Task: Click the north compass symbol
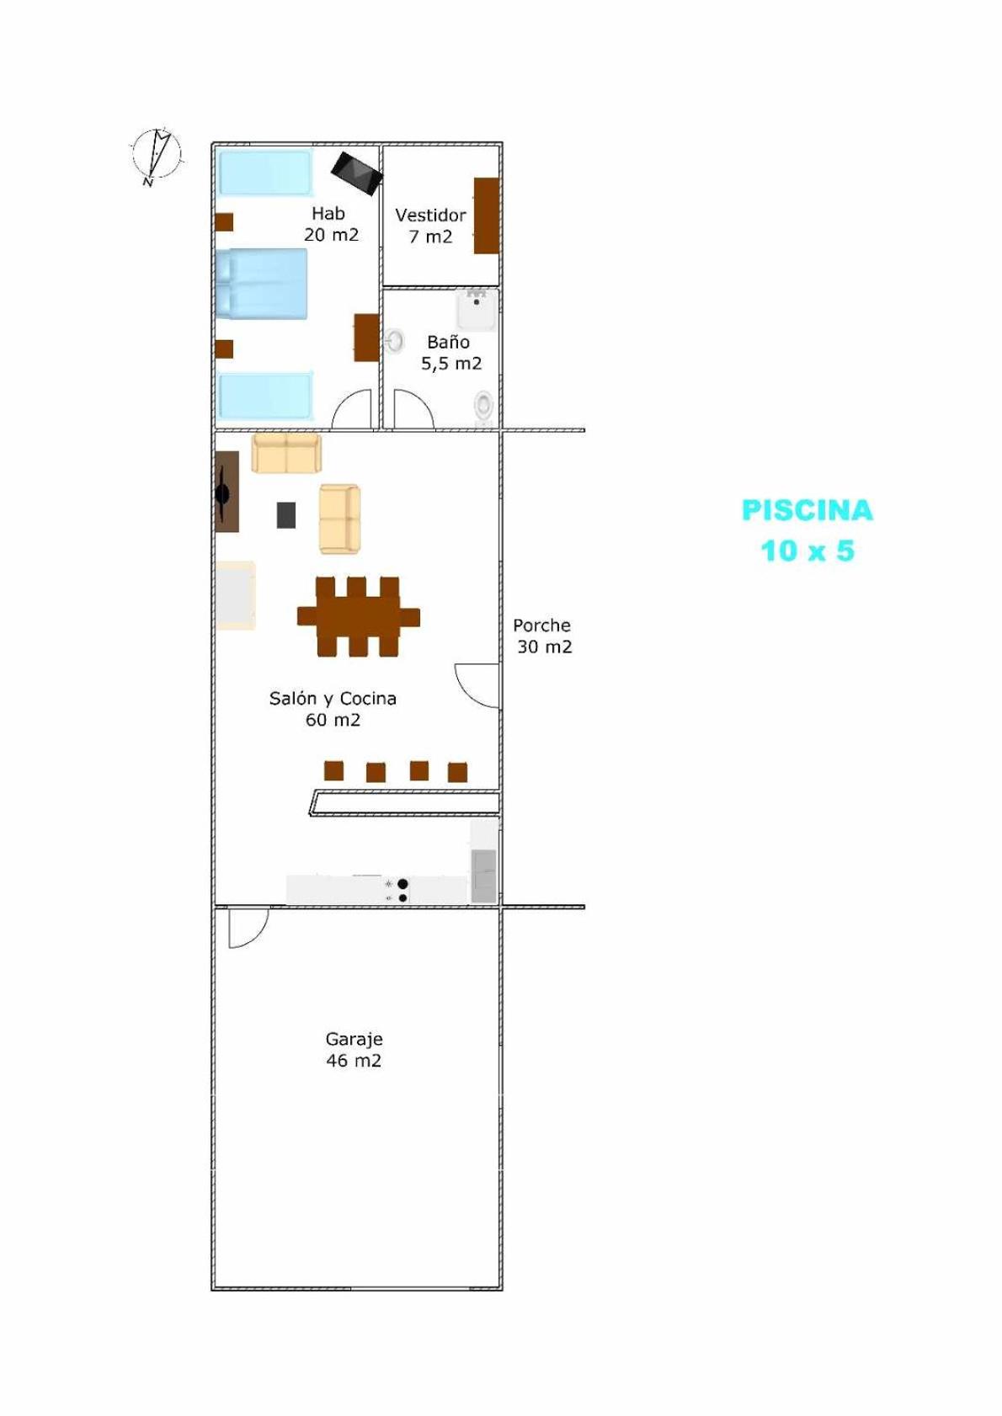(156, 156)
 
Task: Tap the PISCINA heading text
(807, 510)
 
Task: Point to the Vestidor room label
(430, 215)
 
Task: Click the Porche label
(541, 625)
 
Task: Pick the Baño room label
(448, 342)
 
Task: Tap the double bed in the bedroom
(262, 283)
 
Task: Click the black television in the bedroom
(357, 173)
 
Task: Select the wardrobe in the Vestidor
(487, 216)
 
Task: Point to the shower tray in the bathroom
(477, 310)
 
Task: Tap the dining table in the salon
(359, 616)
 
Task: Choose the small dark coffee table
(286, 514)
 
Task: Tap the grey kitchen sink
(483, 876)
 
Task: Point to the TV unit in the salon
(227, 491)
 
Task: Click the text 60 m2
(333, 720)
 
